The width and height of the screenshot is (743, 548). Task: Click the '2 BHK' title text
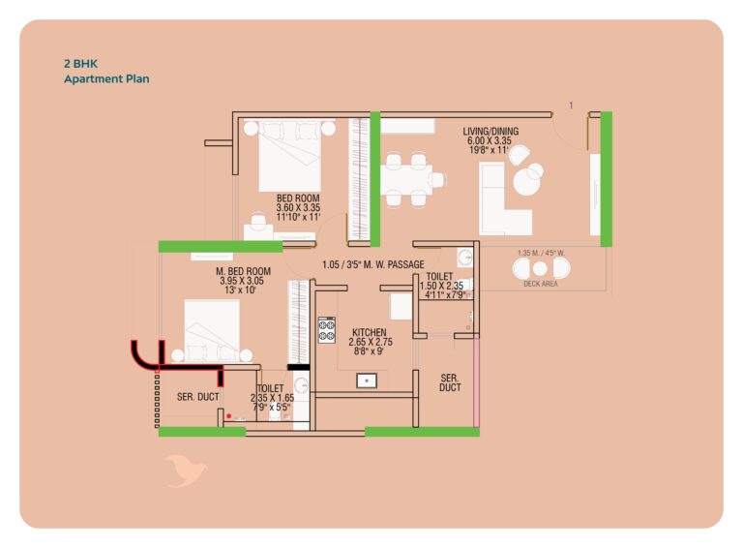pos(80,64)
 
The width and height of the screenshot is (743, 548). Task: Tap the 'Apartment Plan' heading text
pos(106,78)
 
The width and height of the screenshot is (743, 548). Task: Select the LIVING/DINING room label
pos(490,132)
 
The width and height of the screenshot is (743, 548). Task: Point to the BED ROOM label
pos(298,198)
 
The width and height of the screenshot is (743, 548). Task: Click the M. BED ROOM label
pos(243,271)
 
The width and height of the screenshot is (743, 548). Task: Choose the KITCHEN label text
pos(370,332)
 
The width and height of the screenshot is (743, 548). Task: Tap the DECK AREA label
pos(541,284)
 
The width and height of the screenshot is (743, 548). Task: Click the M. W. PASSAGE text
pos(392,264)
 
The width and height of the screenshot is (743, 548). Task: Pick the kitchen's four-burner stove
pos(326,330)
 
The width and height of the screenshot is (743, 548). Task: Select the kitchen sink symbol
pos(367,381)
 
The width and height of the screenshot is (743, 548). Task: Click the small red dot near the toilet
pos(229,415)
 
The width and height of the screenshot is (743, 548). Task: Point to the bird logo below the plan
pos(186,471)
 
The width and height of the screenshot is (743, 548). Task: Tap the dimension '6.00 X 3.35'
pos(490,140)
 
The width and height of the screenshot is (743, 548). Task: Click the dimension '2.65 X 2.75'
pos(371,342)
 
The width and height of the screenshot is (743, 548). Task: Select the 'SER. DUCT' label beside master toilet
pos(198,397)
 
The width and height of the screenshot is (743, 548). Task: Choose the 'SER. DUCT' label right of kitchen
pos(450,382)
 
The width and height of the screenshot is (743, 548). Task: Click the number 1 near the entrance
pos(571,106)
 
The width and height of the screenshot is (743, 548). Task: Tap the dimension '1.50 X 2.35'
pos(441,286)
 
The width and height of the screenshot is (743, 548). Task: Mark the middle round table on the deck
pos(540,268)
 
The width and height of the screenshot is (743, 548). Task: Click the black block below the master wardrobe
pos(299,367)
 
